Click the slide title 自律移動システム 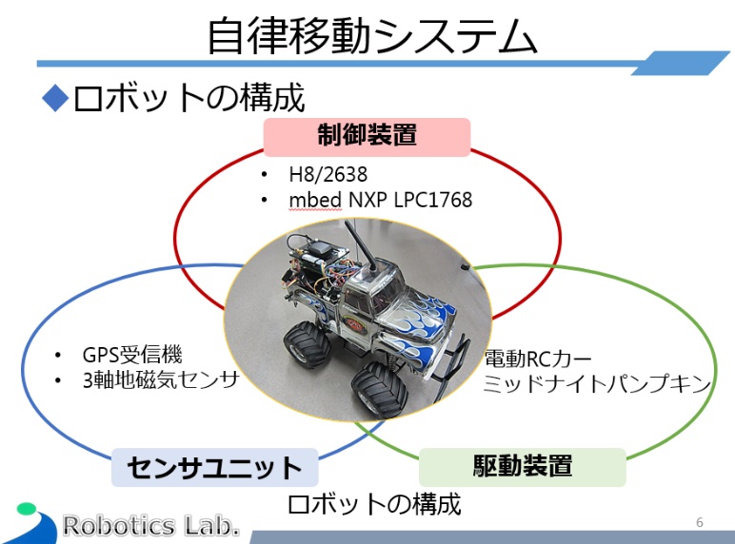point(371,35)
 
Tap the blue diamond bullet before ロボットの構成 point(55,98)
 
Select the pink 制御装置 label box point(367,137)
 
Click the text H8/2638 point(328,175)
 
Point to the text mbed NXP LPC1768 point(380,201)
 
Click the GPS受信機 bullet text point(132,355)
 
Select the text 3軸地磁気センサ point(161,380)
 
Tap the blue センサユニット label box point(214,467)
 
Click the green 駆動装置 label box point(523,466)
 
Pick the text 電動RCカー point(538,359)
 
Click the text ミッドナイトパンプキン point(597,384)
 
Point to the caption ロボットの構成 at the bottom point(374,504)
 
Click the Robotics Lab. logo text point(151,525)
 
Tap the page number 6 point(700,522)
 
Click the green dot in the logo point(27,509)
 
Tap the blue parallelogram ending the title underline point(681,63)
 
